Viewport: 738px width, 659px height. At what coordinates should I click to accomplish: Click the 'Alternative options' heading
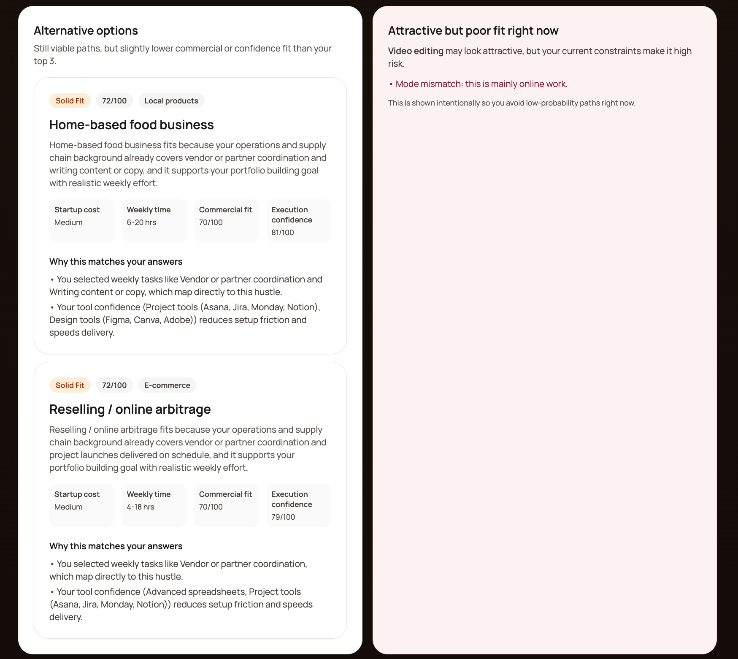click(86, 31)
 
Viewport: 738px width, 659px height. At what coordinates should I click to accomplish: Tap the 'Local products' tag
click(171, 101)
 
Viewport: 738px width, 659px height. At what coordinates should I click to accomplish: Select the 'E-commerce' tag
click(167, 385)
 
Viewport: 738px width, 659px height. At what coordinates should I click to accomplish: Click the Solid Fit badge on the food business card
click(70, 101)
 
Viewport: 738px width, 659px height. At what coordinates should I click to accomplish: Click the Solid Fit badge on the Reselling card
click(70, 385)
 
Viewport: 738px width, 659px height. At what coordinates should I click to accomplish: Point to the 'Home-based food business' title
click(131, 125)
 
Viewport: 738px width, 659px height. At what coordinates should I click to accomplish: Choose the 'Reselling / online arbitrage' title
click(130, 410)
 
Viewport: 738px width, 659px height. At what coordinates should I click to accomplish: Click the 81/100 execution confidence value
click(283, 233)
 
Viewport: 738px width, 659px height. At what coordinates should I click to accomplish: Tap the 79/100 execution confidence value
click(283, 517)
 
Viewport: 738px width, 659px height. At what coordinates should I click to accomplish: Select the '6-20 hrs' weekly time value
click(141, 222)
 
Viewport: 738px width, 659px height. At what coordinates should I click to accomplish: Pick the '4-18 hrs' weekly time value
click(141, 507)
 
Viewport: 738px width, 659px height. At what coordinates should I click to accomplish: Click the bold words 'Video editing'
click(416, 51)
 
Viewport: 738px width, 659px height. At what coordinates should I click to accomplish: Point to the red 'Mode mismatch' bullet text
click(481, 84)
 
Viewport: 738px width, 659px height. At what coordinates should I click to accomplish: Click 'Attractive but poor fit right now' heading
click(473, 31)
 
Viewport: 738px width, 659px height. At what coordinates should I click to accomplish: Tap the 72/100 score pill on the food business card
click(114, 101)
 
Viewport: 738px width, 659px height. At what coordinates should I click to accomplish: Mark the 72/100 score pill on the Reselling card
click(114, 385)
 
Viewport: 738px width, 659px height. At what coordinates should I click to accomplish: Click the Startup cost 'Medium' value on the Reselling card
click(68, 507)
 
